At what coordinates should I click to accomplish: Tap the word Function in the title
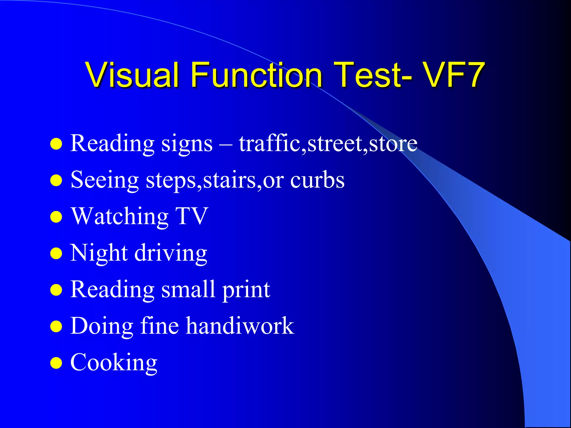tap(257, 75)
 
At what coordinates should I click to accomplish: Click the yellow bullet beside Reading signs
tap(56, 144)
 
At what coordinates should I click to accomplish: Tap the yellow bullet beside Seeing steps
tap(56, 180)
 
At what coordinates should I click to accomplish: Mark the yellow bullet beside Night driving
tap(56, 254)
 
